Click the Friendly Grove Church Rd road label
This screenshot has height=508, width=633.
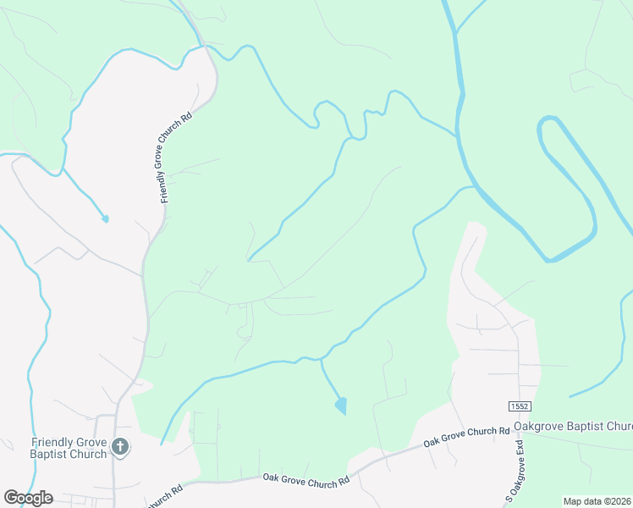click(x=176, y=155)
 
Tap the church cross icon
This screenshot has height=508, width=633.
click(x=121, y=447)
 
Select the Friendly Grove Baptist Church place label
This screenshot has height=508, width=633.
click(x=69, y=448)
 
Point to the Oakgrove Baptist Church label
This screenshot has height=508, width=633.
click(x=572, y=426)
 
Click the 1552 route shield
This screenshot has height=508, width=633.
click(x=520, y=407)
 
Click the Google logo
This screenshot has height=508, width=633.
click(x=28, y=498)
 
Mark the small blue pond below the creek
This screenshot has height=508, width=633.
click(x=341, y=406)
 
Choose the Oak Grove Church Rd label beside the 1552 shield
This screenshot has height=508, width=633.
click(x=466, y=437)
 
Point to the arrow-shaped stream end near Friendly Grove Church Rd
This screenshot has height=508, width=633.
click(x=105, y=219)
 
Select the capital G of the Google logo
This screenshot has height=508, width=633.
click(x=11, y=497)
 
